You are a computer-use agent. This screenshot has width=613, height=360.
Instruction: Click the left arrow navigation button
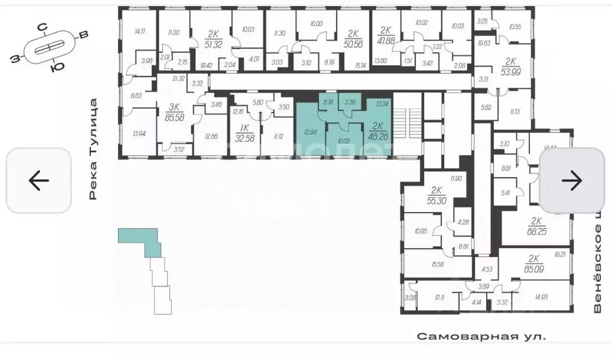point(39,180)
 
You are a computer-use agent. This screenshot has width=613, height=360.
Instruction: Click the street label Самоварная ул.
point(481,337)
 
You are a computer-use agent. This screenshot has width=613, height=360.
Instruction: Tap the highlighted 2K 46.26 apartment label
point(378,131)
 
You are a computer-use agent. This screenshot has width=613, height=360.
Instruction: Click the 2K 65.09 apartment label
point(535,264)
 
